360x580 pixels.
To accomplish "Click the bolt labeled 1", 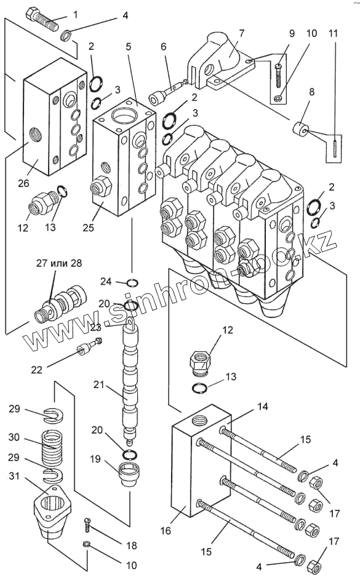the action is [41, 20].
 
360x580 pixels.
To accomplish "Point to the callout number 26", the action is [23, 183].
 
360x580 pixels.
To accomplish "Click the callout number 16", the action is [166, 530].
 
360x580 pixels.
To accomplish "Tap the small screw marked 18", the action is [87, 524].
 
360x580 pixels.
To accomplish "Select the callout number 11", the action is [334, 33].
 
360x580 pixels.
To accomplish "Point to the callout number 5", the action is [129, 47].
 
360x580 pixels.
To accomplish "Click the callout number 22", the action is [37, 369].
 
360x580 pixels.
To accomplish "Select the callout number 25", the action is [88, 227].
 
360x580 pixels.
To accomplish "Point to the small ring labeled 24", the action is [132, 283].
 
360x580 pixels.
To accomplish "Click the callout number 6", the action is [163, 46].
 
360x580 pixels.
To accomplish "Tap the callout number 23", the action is [96, 327].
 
